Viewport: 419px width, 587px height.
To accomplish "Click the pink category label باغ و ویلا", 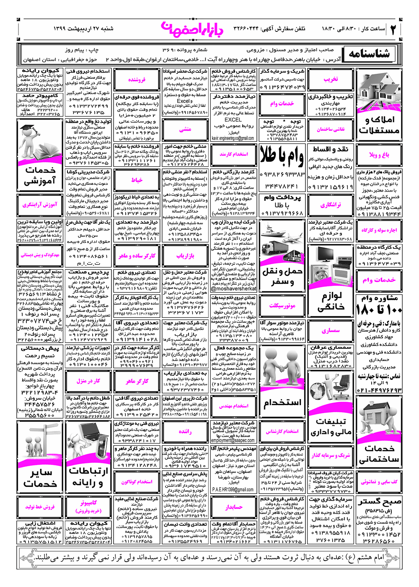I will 379,155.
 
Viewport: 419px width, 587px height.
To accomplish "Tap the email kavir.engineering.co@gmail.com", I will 233,138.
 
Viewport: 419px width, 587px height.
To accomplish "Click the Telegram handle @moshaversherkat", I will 234,289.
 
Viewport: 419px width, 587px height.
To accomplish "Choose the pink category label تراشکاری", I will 331,205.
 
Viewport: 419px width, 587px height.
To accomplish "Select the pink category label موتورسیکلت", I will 282,306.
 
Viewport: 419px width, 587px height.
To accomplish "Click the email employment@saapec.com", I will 233,441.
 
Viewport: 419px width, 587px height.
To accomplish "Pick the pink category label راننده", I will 185,431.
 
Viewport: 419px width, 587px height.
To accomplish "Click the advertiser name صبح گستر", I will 380,501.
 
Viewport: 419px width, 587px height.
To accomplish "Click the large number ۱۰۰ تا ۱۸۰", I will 379,309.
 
